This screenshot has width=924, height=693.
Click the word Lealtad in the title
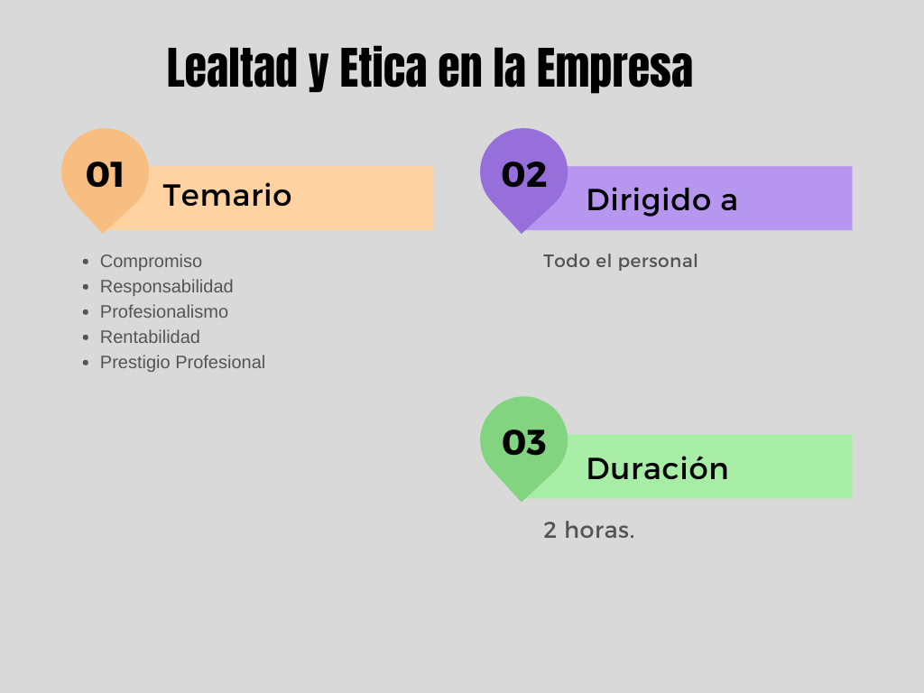click(232, 69)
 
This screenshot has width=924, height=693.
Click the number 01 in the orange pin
click(105, 174)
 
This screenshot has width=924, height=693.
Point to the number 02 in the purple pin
click(524, 174)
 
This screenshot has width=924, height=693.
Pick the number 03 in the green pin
click(524, 442)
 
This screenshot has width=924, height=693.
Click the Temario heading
click(227, 196)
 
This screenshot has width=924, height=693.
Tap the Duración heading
click(657, 468)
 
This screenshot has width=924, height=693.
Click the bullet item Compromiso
click(151, 261)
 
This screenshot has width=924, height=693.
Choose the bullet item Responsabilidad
click(166, 286)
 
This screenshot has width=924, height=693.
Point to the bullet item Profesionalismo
click(163, 311)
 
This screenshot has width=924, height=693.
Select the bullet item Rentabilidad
click(150, 337)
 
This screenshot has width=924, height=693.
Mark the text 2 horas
click(588, 530)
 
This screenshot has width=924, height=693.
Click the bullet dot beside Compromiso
click(86, 262)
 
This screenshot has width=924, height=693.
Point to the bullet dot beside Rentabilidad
click(86, 337)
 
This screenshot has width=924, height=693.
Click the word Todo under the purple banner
click(564, 261)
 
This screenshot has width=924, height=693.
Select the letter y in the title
click(318, 72)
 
